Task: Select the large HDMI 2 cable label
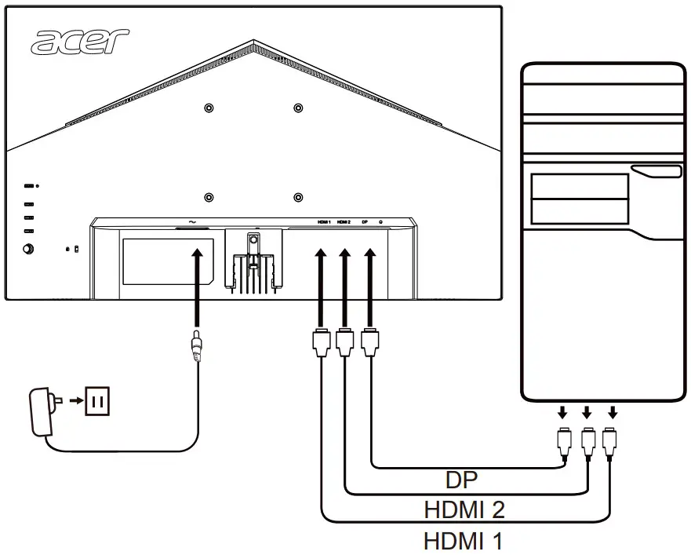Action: [x=464, y=509]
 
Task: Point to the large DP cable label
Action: [x=463, y=480]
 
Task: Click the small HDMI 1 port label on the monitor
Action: [x=325, y=222]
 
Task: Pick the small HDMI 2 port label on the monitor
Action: [x=344, y=222]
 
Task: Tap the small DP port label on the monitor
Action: [x=365, y=222]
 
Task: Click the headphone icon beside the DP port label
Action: [x=381, y=222]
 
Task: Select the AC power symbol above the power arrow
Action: [x=192, y=221]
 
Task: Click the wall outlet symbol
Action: [x=98, y=402]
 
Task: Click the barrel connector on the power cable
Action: [x=195, y=346]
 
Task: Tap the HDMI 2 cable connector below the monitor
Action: [x=344, y=343]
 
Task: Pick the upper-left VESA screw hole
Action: [x=208, y=108]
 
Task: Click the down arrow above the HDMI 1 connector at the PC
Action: [x=613, y=412]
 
